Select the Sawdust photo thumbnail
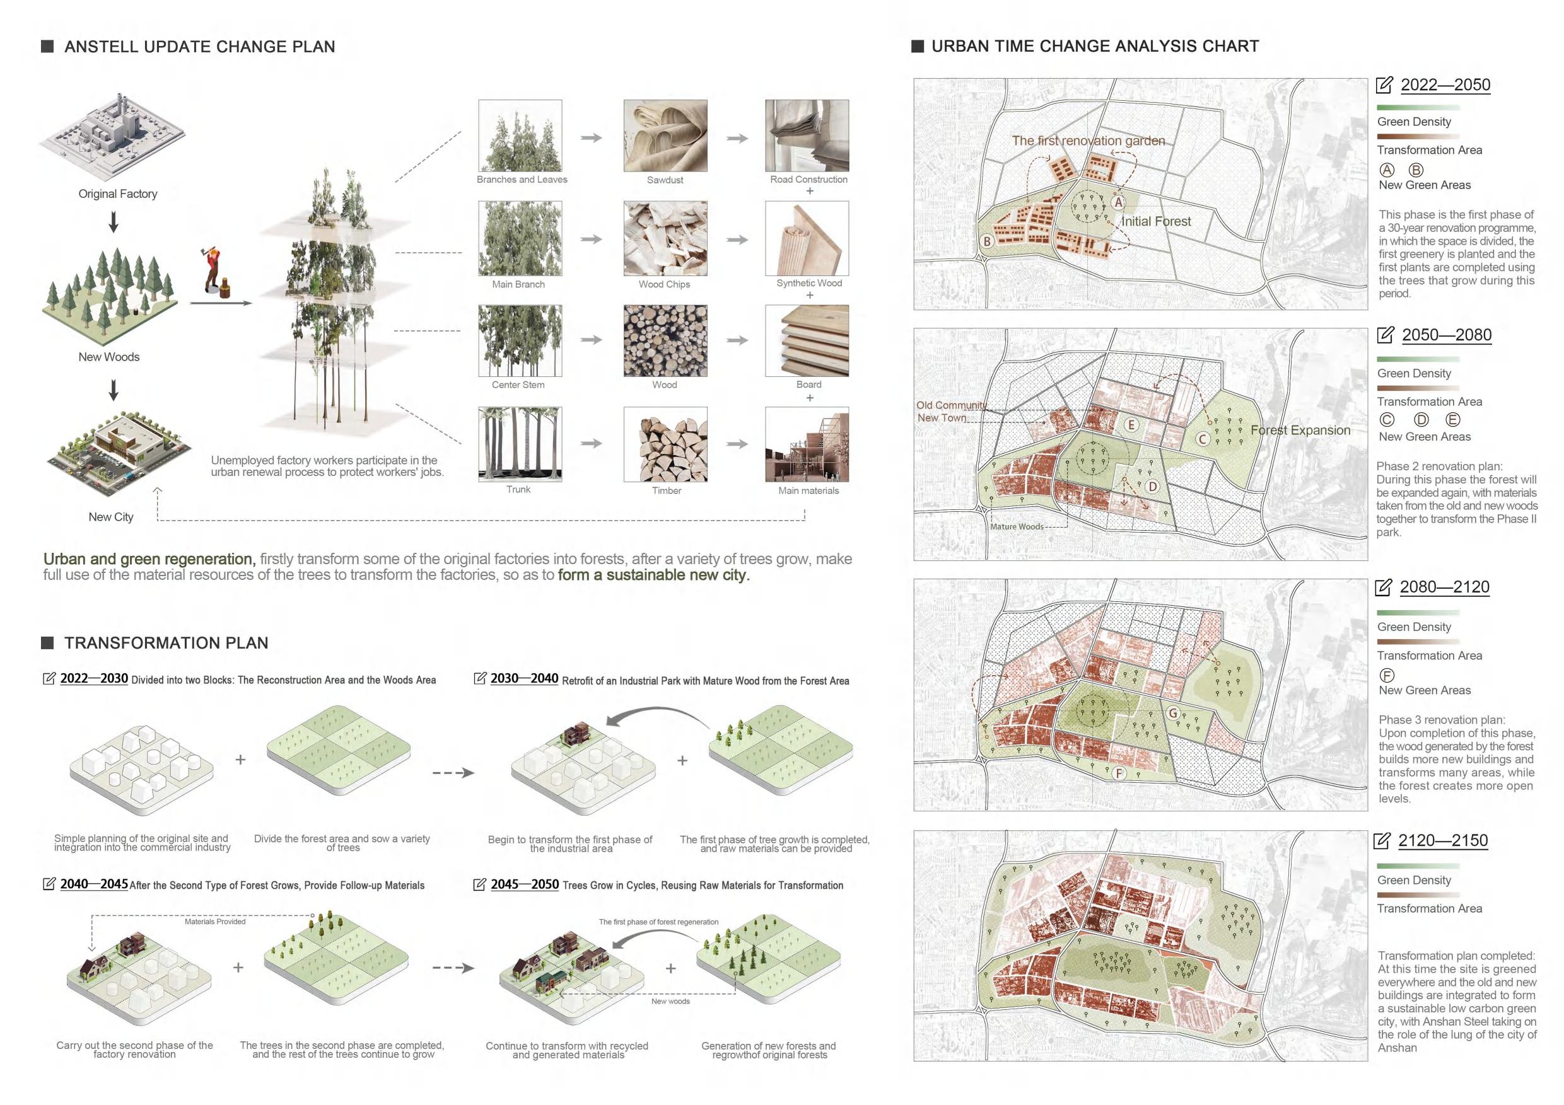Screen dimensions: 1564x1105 coord(665,136)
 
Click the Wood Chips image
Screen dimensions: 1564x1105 coord(665,238)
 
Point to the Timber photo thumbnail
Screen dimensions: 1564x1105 coord(665,444)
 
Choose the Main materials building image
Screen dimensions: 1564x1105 coord(807,444)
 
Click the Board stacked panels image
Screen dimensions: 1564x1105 coord(807,340)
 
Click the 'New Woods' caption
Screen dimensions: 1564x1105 coord(109,357)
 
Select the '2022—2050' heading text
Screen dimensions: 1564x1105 coord(1445,85)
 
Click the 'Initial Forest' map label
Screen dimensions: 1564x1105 coord(1156,221)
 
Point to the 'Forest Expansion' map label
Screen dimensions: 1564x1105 coord(1300,431)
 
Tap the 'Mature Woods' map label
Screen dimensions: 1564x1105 coord(1017,526)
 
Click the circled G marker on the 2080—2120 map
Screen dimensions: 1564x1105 coord(1173,714)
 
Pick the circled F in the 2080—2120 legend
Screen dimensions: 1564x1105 coord(1387,675)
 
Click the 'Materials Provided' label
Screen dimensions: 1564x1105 coord(214,921)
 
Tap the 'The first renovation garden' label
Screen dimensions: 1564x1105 coord(1088,141)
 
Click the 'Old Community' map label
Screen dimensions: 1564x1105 coord(951,405)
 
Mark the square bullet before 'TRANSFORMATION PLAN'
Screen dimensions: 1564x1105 coord(48,643)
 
